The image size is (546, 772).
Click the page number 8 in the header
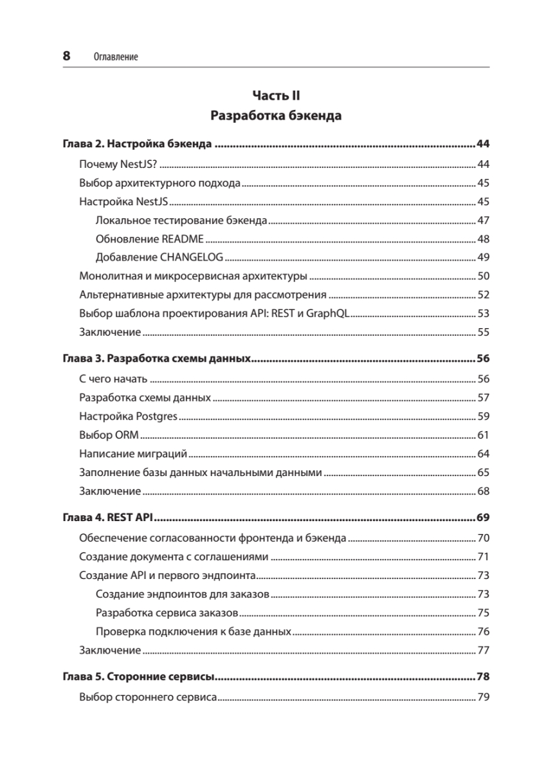pyautogui.click(x=66, y=56)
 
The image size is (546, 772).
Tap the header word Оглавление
pyautogui.click(x=116, y=57)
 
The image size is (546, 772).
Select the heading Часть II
pyautogui.click(x=276, y=96)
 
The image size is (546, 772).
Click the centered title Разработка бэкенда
pyautogui.click(x=276, y=116)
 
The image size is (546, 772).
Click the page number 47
pyautogui.click(x=484, y=221)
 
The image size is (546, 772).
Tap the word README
pyautogui.click(x=183, y=239)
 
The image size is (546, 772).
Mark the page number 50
pyautogui.click(x=484, y=277)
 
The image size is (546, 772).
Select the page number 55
pyautogui.click(x=484, y=333)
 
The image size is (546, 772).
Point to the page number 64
pyautogui.click(x=484, y=454)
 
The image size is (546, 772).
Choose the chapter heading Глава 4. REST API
pyautogui.click(x=111, y=517)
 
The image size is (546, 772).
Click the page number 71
pyautogui.click(x=484, y=556)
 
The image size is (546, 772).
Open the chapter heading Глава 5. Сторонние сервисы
pyautogui.click(x=138, y=677)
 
